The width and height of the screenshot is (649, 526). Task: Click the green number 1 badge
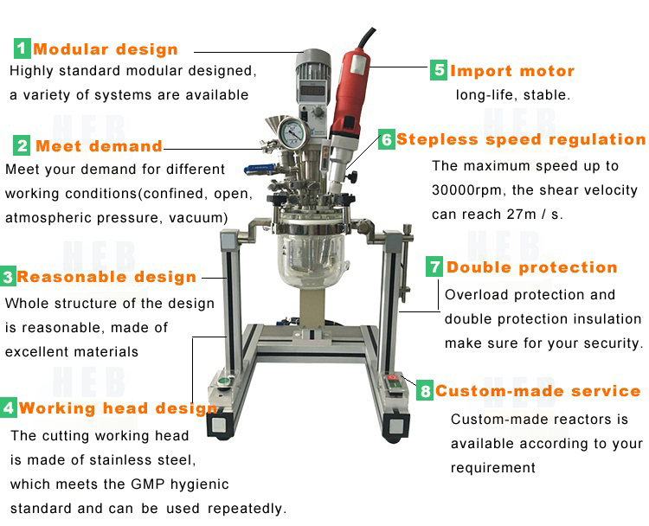[x=22, y=48]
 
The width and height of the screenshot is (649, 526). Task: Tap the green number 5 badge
[x=439, y=70]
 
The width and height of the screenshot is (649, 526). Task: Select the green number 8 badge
[x=425, y=390]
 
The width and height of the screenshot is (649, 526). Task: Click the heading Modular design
[x=106, y=49]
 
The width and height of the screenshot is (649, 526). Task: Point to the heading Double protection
[x=532, y=267]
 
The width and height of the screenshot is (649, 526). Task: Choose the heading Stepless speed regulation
[x=521, y=139]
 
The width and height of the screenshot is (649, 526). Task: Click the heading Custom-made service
[x=537, y=391]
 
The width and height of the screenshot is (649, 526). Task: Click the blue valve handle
[x=259, y=169]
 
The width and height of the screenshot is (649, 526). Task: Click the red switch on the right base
[x=392, y=378]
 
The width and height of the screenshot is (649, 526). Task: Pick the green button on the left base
[x=224, y=381]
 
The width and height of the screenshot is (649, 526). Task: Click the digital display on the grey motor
[x=312, y=91]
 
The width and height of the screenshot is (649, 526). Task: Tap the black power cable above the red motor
[x=366, y=38]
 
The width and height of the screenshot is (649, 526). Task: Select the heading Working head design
[x=118, y=408]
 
